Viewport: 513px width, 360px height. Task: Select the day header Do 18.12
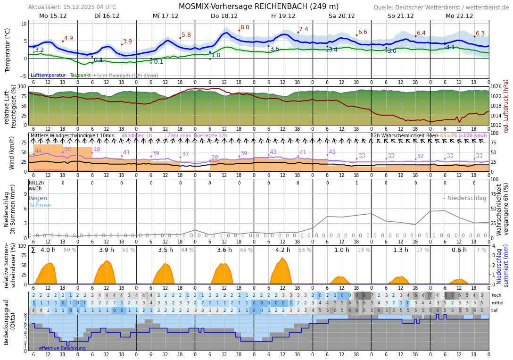(224, 16)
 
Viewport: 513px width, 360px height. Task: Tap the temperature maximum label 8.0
(245, 27)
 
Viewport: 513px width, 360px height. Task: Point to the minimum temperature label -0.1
(158, 62)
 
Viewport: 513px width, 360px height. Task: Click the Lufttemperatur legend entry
(48, 75)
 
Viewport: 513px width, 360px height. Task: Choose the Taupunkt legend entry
(80, 75)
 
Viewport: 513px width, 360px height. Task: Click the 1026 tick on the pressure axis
(496, 87)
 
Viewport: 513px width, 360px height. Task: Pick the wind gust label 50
(68, 149)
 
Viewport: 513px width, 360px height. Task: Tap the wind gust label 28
(215, 158)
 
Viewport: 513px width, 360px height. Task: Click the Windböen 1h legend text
(137, 136)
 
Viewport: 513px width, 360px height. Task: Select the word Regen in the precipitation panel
(38, 198)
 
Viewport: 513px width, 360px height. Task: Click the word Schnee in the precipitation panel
(40, 205)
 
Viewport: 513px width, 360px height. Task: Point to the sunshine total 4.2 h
(283, 250)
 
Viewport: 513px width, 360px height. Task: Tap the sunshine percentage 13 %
(364, 250)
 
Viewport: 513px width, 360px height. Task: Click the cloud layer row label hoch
(496, 295)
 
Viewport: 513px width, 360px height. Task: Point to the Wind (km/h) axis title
(12, 153)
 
